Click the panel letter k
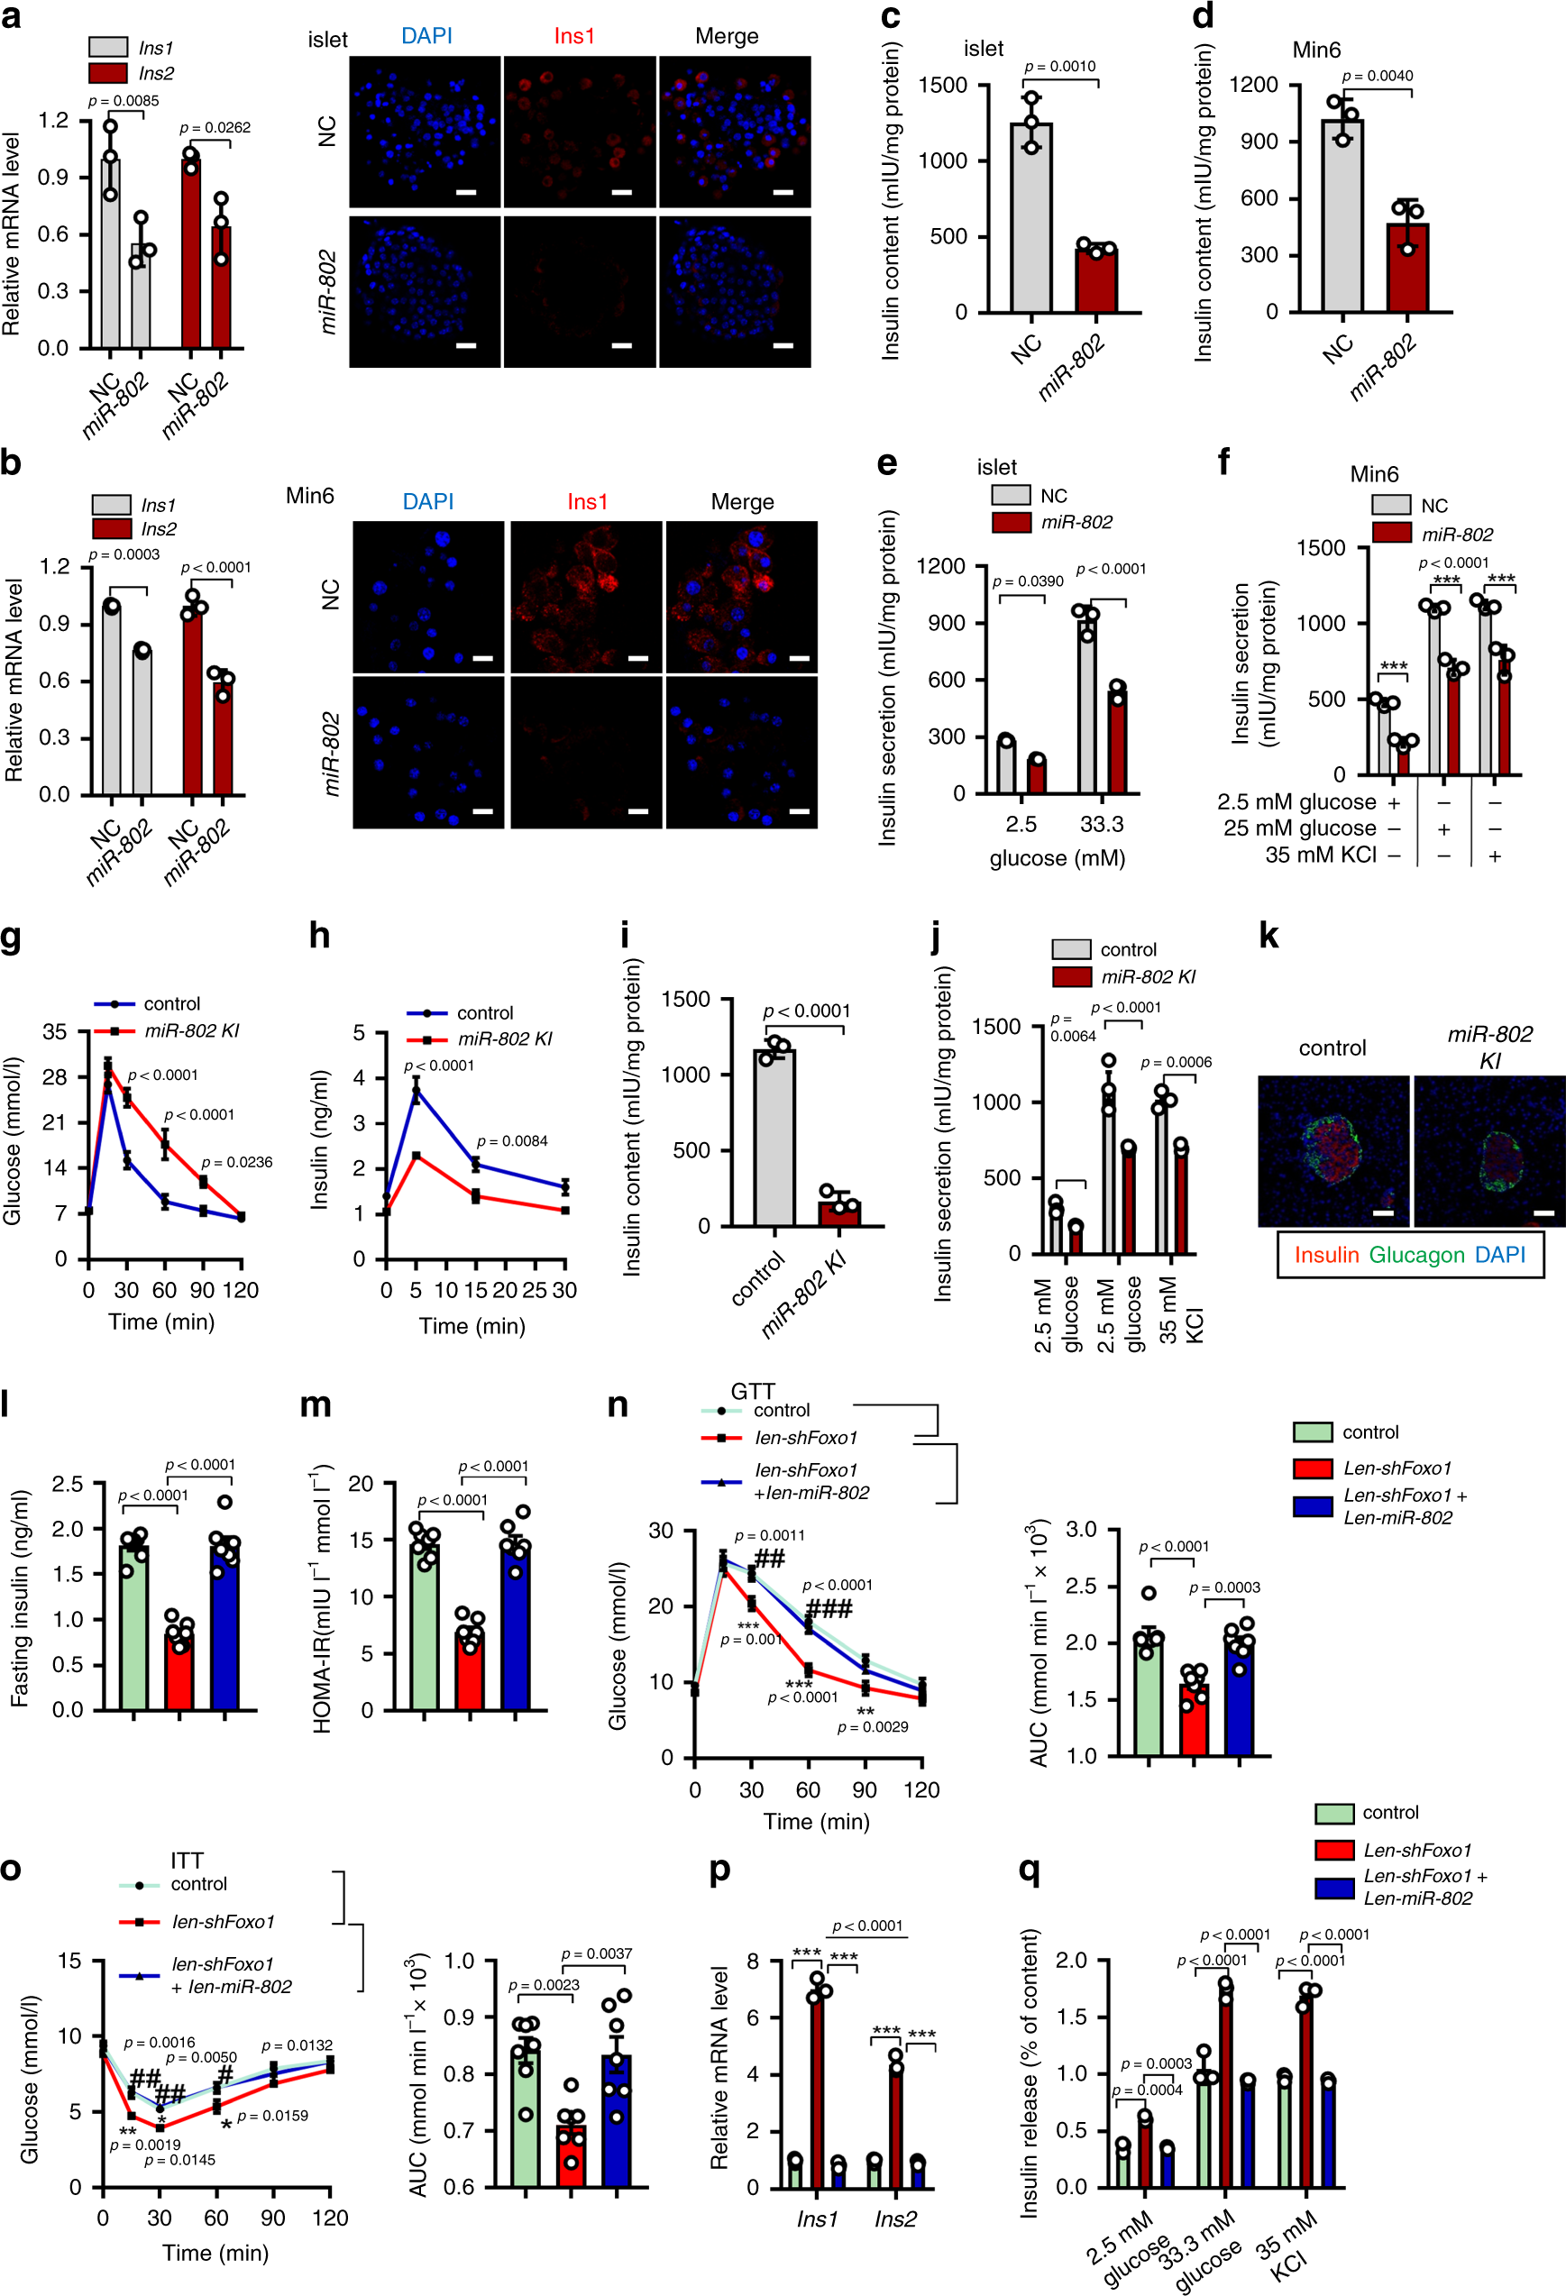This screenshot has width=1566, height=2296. [1268, 935]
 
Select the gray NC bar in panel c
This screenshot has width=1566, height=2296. [1030, 218]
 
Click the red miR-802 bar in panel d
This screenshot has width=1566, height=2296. [1407, 268]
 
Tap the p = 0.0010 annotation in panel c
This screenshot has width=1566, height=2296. [1059, 66]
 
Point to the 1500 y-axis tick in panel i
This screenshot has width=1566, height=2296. [684, 999]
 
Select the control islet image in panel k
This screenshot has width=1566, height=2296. [1332, 1151]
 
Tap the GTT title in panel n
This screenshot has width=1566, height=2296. [752, 1391]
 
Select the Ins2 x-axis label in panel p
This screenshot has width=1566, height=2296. [895, 2219]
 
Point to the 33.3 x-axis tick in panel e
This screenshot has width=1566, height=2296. [1101, 824]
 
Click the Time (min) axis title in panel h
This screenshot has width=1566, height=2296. [472, 1326]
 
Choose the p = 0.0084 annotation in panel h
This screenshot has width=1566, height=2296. [512, 1141]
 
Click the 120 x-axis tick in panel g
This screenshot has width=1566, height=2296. [240, 1290]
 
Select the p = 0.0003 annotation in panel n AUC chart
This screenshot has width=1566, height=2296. [1223, 1587]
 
